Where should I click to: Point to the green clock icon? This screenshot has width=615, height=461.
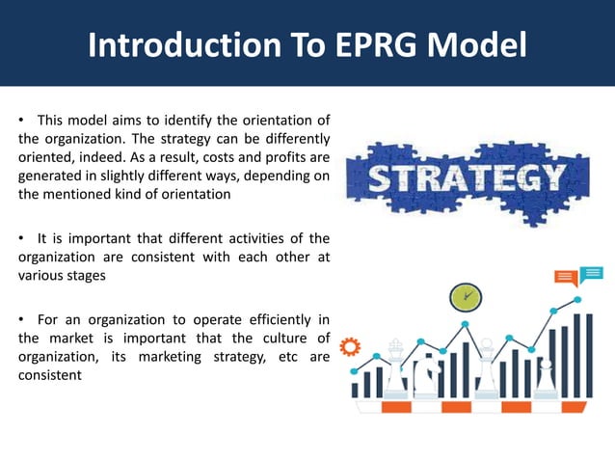click(x=466, y=295)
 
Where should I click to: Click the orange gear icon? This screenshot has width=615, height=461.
click(x=351, y=344)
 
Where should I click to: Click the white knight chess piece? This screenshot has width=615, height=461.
click(x=424, y=371)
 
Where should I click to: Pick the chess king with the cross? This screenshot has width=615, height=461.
click(x=396, y=366)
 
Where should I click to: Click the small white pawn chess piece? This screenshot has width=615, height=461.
click(x=545, y=375)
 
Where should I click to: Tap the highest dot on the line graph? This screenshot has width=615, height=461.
click(x=578, y=300)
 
